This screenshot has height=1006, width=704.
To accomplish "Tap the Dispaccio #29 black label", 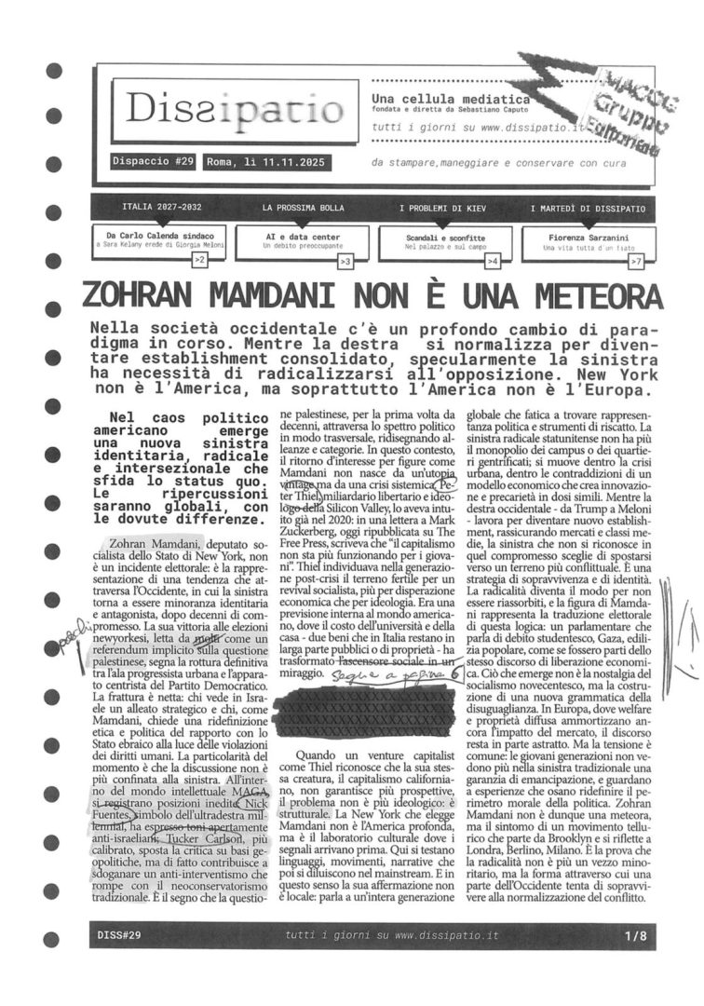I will pyautogui.click(x=152, y=161).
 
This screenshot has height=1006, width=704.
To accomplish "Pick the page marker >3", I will pyautogui.click(x=345, y=263).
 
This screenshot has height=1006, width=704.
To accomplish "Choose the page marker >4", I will pyautogui.click(x=493, y=263).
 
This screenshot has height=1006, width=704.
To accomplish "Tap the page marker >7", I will pyautogui.click(x=636, y=263).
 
